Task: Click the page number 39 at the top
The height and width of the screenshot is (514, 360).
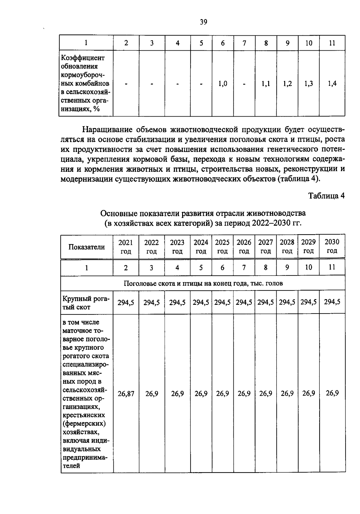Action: pyautogui.click(x=203, y=22)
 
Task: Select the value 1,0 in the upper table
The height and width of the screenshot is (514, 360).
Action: pyautogui.click(x=222, y=84)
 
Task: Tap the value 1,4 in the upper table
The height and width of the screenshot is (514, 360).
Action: pyautogui.click(x=332, y=84)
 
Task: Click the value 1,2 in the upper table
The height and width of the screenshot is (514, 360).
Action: pyautogui.click(x=287, y=84)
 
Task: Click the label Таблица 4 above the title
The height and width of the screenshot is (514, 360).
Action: pyautogui.click(x=327, y=196)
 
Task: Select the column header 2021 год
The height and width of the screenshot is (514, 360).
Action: pyautogui.click(x=126, y=247)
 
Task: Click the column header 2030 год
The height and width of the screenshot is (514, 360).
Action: pyautogui.click(x=332, y=246)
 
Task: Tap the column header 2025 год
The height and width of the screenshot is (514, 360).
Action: pyautogui.click(x=222, y=247)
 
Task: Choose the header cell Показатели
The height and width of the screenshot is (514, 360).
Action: pyautogui.click(x=87, y=247)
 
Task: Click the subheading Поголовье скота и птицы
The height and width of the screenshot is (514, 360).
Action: pyautogui.click(x=203, y=283)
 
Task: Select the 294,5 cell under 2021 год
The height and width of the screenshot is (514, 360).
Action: pyautogui.click(x=126, y=302)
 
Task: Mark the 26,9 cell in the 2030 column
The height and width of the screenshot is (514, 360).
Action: pyautogui.click(x=332, y=393)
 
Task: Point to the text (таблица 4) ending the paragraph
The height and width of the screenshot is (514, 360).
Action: pyautogui.click(x=298, y=179)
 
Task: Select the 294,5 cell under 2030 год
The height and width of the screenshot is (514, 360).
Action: pyautogui.click(x=332, y=302)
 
